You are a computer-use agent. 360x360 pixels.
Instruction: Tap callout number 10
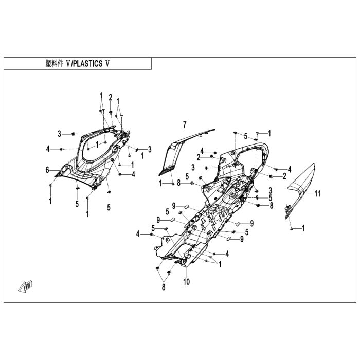(186, 281)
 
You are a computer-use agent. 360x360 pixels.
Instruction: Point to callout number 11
(318, 194)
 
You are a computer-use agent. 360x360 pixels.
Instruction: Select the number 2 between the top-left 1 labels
(110, 97)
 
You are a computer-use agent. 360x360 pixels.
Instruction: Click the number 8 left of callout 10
(164, 287)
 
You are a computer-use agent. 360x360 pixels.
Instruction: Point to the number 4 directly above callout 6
(47, 149)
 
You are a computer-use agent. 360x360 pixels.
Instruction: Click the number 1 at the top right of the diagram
(269, 133)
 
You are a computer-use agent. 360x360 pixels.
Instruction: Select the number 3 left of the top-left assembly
(59, 134)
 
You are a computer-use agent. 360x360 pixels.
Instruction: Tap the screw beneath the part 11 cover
(292, 227)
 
